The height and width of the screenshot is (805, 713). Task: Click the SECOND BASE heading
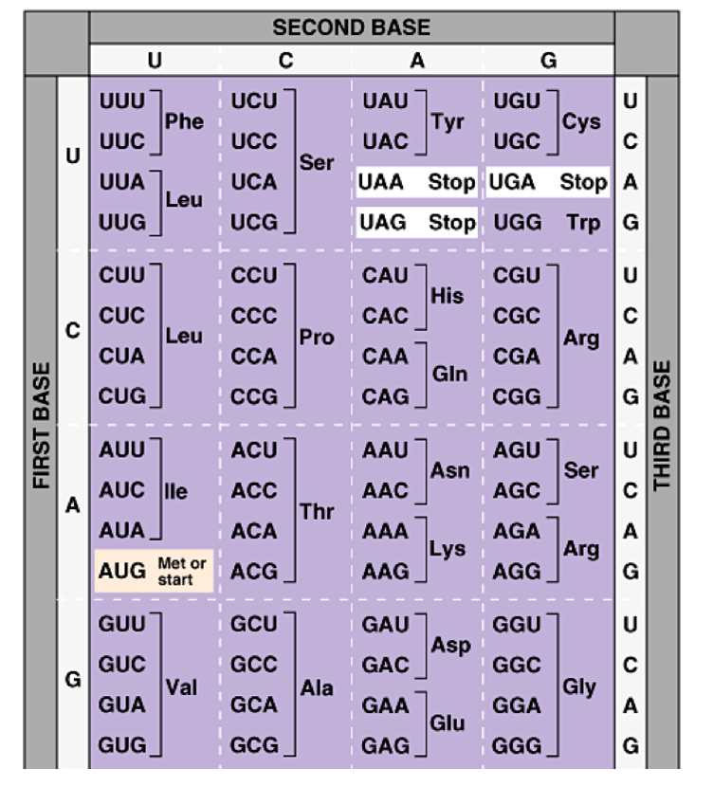[351, 27]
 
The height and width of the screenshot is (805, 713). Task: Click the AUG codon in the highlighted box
[121, 571]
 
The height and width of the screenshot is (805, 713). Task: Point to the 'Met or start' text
[181, 571]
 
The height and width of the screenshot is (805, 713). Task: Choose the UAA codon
[382, 182]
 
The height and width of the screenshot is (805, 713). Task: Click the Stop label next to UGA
[583, 182]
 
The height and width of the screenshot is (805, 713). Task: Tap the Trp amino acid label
[583, 223]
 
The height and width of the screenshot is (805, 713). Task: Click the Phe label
[184, 122]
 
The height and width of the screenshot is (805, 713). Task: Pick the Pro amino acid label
[317, 338]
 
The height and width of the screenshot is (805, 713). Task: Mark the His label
[447, 296]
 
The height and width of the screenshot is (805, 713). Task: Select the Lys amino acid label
[447, 550]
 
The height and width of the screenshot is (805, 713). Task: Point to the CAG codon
[385, 396]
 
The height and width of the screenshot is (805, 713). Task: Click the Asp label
[450, 645]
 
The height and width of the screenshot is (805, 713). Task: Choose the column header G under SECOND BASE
[548, 61]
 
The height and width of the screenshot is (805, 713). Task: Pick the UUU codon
[121, 101]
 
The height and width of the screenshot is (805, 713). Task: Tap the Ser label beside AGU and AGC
[581, 470]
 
